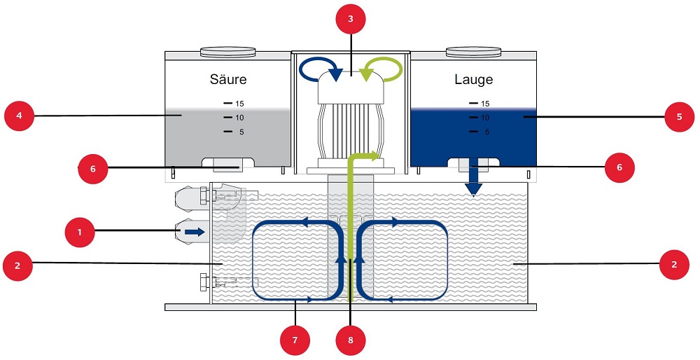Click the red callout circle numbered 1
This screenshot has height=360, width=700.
click(79, 230)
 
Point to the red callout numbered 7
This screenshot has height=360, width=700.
click(294, 341)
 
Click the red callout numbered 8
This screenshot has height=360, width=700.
click(350, 341)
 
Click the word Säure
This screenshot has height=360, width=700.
click(228, 79)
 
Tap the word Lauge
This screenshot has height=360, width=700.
click(474, 79)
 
